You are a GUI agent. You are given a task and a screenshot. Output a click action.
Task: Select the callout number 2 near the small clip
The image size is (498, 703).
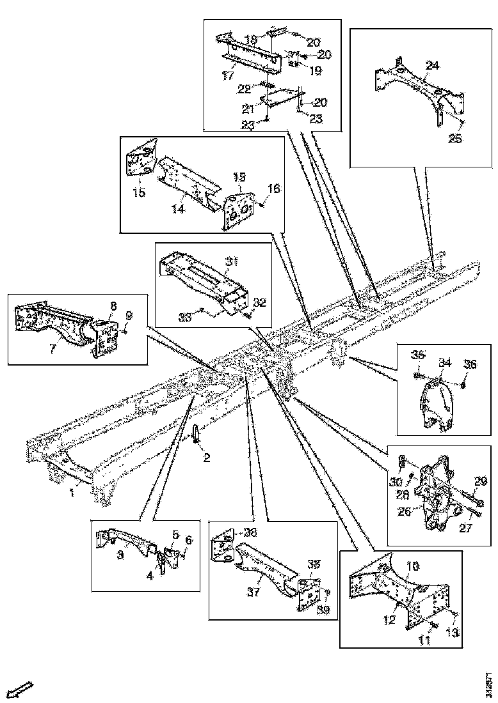pos(207,458)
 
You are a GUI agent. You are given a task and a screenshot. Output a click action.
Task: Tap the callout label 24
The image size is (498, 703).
pos(432,65)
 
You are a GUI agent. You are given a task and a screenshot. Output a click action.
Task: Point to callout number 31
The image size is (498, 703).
pos(231,261)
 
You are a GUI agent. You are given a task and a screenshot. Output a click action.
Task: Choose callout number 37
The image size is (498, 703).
pos(253,592)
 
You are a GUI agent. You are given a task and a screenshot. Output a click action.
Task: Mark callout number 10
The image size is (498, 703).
pos(412,566)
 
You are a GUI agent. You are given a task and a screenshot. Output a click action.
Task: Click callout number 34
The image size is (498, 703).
pos(445,364)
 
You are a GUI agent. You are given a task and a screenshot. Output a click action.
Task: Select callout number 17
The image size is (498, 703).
pos(229,75)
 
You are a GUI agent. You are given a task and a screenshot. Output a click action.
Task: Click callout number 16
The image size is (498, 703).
pos(273,189)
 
